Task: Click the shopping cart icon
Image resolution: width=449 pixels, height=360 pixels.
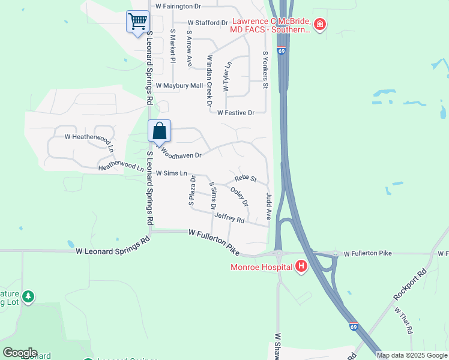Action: [x=137, y=22]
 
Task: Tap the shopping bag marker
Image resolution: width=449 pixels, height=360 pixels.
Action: [x=160, y=131]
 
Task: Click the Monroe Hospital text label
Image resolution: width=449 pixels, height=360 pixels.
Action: [x=261, y=267]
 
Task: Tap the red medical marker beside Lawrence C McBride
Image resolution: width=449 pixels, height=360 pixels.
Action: [x=320, y=25]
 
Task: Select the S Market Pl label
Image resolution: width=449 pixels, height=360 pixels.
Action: [x=172, y=46]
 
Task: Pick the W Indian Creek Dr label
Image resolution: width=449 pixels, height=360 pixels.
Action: [x=209, y=81]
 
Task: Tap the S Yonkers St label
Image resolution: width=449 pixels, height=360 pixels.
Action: [x=265, y=70]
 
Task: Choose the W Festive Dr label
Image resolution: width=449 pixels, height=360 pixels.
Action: [x=236, y=112]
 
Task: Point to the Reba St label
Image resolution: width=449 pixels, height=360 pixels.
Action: [x=246, y=179]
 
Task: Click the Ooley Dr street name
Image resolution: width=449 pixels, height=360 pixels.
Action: [x=240, y=197]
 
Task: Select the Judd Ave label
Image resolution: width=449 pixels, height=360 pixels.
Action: [x=268, y=206]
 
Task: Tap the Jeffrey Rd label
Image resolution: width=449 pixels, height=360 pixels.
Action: [x=229, y=220]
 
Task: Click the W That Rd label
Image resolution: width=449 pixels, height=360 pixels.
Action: [x=403, y=320]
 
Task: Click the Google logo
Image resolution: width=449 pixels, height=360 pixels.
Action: [x=20, y=353]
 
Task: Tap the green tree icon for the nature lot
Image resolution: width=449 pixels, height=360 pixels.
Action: [x=28, y=296]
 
